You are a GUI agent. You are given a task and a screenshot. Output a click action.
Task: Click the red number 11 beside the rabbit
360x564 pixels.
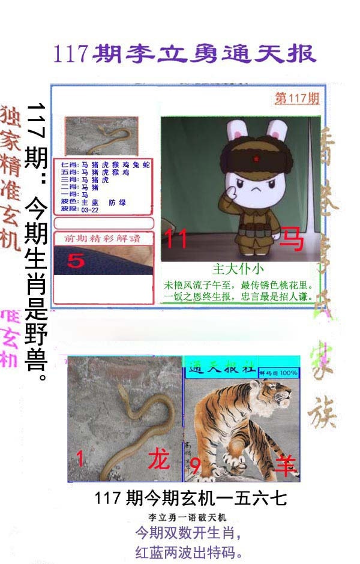point(176,239)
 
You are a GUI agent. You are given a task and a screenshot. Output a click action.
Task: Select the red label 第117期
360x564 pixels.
point(297,99)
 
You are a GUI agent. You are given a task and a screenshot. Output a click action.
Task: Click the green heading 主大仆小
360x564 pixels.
point(238,269)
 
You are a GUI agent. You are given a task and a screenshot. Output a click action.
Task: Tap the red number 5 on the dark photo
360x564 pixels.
point(76,260)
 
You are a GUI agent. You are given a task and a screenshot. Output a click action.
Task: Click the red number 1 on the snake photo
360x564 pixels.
point(80,459)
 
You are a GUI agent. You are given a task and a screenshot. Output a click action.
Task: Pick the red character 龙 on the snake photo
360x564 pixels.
point(159,460)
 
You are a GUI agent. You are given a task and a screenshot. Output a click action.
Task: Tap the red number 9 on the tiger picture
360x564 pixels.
point(195,464)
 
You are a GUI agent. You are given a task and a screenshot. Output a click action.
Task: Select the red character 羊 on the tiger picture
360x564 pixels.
point(286,464)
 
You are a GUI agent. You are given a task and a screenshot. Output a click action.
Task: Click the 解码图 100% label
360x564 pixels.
point(278,373)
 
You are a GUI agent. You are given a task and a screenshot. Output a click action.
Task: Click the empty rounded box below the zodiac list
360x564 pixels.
point(104,224)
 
